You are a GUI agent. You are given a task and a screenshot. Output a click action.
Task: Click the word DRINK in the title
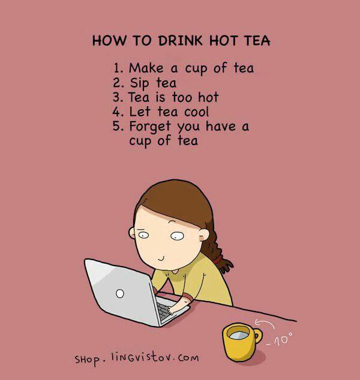pos(180,41)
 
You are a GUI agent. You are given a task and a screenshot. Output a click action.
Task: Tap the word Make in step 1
pos(146,68)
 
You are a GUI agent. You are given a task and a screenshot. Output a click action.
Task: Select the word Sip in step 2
pos(139,83)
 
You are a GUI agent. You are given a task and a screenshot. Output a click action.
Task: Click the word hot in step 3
pos(208,97)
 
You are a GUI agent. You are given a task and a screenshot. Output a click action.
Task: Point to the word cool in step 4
pos(196,111)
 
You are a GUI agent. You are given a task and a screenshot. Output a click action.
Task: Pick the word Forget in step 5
pos(150,126)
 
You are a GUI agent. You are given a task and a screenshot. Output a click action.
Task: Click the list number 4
pos(118,112)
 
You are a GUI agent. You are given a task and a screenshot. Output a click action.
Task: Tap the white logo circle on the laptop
pos(120,294)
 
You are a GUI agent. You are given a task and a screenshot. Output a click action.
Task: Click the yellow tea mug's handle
pos(258,336)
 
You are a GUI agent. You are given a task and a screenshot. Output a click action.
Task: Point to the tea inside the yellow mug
pos(239,335)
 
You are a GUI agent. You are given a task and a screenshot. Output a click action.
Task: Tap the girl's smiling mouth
pos(161,259)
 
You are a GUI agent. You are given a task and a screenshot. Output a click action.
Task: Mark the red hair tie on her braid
pos(218,260)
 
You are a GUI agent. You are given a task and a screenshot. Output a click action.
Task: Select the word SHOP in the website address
pos(87,360)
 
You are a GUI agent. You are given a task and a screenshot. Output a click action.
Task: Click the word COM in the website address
pos(188,358)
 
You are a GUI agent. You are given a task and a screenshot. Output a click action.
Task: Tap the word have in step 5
pos(221,126)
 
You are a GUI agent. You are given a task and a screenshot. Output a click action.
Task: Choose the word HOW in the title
pos(109,41)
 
